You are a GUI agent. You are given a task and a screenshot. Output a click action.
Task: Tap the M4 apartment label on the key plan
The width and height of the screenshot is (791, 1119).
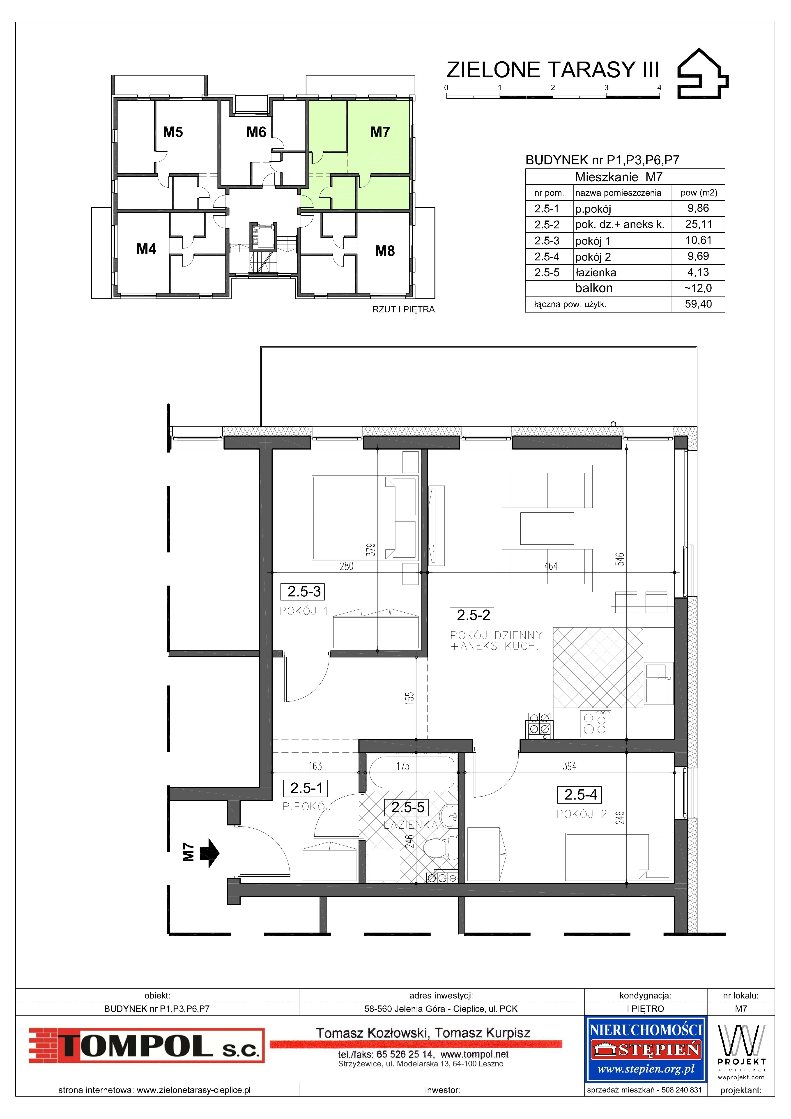tap(146, 249)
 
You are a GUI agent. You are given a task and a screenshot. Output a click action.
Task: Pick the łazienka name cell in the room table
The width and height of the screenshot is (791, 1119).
tap(596, 272)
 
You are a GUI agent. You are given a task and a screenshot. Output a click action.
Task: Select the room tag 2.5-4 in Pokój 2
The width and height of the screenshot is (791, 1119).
tap(580, 795)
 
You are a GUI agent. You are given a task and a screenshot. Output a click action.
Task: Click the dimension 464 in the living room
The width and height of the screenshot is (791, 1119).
tap(551, 566)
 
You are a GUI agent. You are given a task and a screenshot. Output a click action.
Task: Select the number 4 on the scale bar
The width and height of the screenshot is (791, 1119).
tap(659, 88)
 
